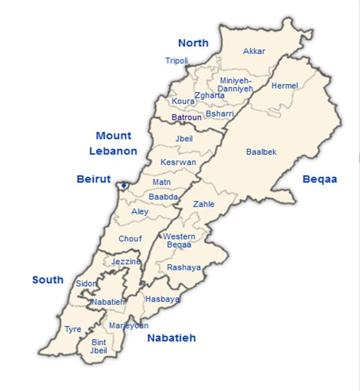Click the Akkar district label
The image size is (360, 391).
(x=254, y=51)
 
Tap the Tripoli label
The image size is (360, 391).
(x=176, y=61)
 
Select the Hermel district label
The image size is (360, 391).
(x=284, y=86)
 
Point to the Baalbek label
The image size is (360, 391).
(x=261, y=152)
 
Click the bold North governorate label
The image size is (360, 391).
(x=193, y=43)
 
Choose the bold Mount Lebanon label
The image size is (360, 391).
(x=113, y=143)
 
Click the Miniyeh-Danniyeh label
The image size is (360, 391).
(x=236, y=84)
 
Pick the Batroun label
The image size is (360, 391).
(x=186, y=117)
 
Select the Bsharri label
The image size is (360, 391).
(x=220, y=114)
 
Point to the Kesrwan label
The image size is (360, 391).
(x=178, y=162)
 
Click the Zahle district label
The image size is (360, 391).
(x=204, y=204)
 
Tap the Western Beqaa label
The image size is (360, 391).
(x=179, y=241)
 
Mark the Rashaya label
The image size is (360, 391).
(x=184, y=268)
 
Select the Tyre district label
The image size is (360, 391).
(x=73, y=330)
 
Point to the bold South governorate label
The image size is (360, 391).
(x=48, y=280)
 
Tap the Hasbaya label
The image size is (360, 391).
(x=162, y=299)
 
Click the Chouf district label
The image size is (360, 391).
(x=130, y=239)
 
